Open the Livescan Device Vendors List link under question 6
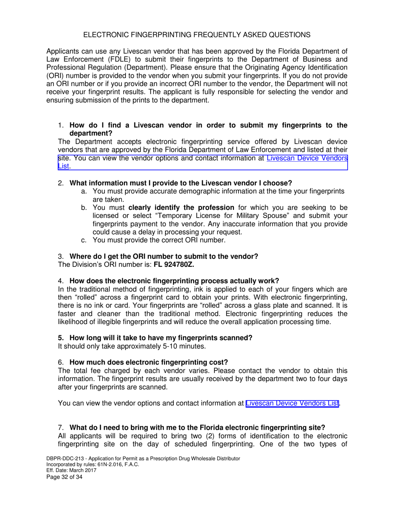click(x=292, y=403)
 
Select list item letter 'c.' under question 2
click(x=84, y=240)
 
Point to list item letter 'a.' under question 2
click(x=84, y=191)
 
